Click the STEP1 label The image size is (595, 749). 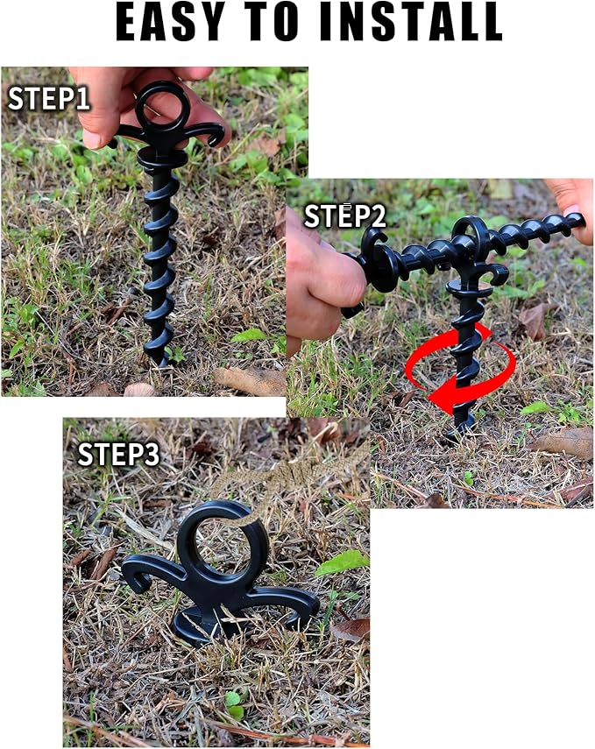pyautogui.click(x=49, y=98)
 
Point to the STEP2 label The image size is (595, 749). pyautogui.click(x=344, y=216)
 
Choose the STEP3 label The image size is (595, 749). pyautogui.click(x=118, y=454)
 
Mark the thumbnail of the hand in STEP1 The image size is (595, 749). pyautogui.click(x=92, y=137)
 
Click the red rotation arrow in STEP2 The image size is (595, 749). pyautogui.click(x=458, y=368)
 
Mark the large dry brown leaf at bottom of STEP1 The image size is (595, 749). pyautogui.click(x=250, y=380)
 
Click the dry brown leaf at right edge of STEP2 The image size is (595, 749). pyautogui.click(x=565, y=442)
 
